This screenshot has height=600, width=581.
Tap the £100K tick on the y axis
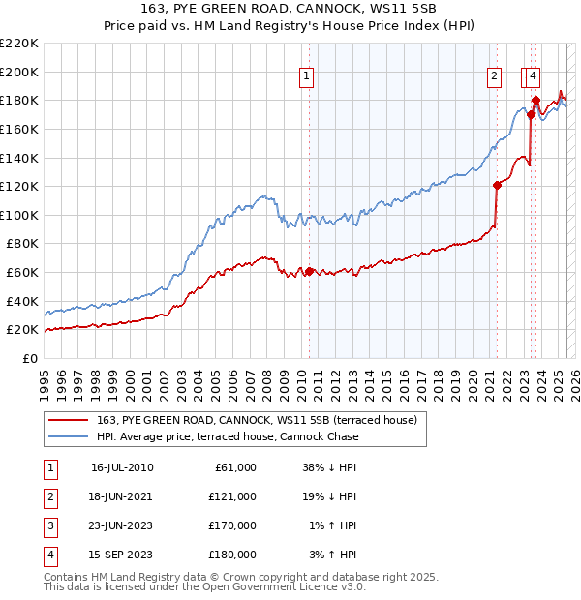point(19,214)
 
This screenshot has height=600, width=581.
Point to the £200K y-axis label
point(19,72)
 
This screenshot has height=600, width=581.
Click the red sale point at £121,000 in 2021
point(497,185)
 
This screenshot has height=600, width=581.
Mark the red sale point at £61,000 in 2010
point(309,271)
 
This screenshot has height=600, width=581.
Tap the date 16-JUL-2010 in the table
point(122,467)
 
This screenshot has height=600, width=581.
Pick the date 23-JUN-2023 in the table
point(122,525)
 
